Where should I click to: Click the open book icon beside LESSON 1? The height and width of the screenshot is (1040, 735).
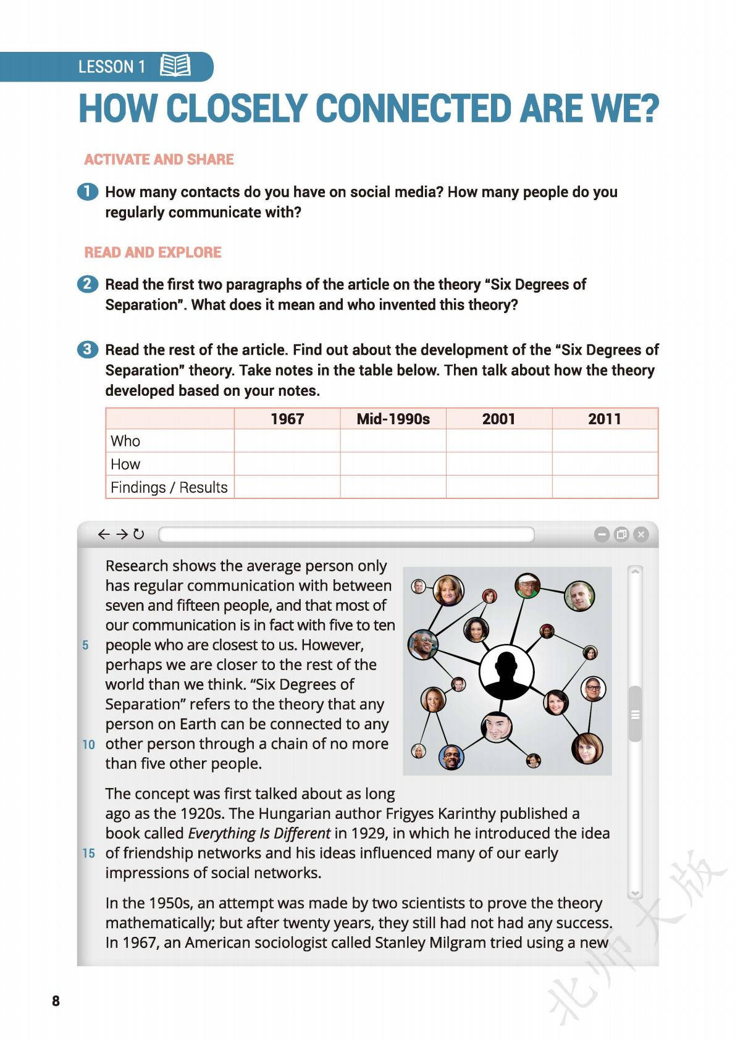coord(175,65)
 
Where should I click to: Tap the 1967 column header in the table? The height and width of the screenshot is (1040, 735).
coord(287,419)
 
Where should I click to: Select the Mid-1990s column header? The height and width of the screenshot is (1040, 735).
coord(393,419)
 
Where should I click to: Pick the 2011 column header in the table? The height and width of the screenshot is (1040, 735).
coord(604,419)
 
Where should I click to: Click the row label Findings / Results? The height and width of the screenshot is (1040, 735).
coord(169,487)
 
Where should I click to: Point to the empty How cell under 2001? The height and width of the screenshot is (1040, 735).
coord(498,464)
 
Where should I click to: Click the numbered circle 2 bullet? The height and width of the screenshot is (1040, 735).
coord(87,284)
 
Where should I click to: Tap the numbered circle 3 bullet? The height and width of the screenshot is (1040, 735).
coord(87,350)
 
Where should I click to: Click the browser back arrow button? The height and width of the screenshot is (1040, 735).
coord(104,534)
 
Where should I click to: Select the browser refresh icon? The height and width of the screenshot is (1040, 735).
coord(139,534)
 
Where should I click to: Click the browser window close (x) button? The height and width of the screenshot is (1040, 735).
coord(641,534)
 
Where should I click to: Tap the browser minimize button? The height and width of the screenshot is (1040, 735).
coord(601,534)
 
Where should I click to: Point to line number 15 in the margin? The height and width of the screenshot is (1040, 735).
coord(89,853)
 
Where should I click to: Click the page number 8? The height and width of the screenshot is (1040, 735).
coord(56,1001)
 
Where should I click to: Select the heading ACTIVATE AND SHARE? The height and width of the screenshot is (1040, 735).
coord(159,159)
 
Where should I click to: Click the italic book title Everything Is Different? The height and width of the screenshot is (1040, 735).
coord(259,833)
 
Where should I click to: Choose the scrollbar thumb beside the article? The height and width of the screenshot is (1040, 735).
coord(635,714)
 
